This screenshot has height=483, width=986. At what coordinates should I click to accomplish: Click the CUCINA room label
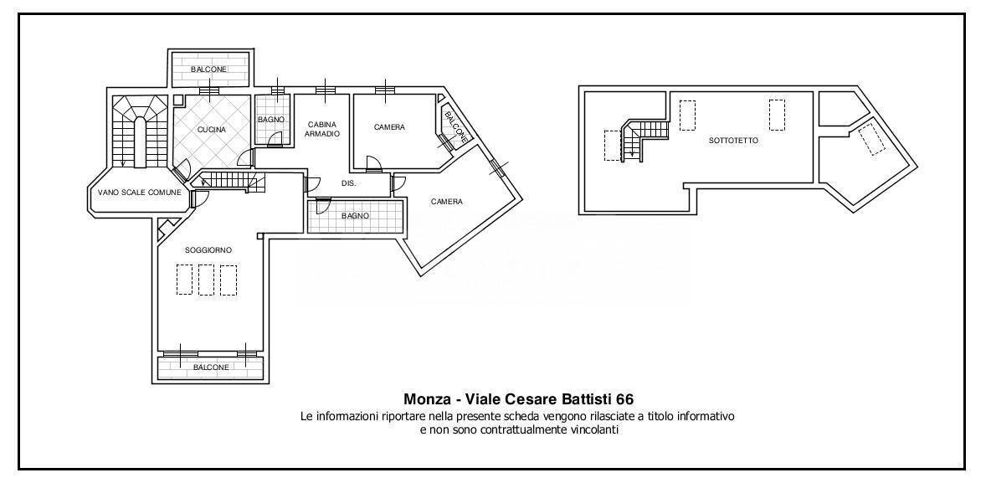coord(212,130)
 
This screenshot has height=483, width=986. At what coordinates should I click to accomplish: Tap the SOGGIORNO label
coord(208,250)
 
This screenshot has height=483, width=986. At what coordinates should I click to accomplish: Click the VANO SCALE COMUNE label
coord(139,193)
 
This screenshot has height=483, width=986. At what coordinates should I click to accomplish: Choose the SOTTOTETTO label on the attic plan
coord(733,141)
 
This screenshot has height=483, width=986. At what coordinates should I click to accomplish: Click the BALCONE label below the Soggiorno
coord(211,367)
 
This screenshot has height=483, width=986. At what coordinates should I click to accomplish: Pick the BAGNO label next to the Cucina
coord(271,121)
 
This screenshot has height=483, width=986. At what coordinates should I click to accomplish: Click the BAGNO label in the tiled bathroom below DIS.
coord(355,216)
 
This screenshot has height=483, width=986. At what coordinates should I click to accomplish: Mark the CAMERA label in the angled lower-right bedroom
coord(447,202)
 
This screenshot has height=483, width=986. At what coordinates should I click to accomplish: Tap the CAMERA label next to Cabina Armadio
coord(389,127)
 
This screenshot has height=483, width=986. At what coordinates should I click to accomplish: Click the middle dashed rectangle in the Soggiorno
coord(206,280)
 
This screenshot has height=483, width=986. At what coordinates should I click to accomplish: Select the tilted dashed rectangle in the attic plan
coord(872,139)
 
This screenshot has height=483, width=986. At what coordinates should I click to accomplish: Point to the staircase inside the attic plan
coord(639,139)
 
